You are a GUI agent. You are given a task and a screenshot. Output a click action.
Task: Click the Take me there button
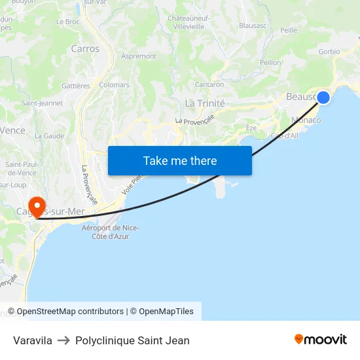(180, 160)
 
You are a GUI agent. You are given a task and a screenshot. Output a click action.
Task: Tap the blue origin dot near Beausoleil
(323, 98)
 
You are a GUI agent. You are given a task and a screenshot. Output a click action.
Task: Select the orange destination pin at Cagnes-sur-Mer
(37, 207)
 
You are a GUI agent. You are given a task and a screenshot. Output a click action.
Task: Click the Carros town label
(85, 48)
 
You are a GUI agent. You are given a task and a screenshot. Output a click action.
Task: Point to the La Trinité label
(205, 103)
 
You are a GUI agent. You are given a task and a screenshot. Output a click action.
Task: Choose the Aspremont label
(139, 57)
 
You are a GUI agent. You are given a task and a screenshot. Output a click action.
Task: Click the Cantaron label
(209, 84)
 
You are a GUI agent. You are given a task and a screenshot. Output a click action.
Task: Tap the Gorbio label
(329, 51)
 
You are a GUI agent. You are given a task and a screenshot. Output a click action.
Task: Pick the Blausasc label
(253, 26)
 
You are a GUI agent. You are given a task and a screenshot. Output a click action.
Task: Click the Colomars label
(115, 84)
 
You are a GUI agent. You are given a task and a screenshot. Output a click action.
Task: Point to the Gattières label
(76, 86)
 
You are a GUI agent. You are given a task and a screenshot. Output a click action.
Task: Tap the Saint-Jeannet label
(43, 103)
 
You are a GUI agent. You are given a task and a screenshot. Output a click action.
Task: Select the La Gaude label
(49, 135)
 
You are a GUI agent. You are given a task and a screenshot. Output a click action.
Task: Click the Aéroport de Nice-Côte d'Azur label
(110, 232)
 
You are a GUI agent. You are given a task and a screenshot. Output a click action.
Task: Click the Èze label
(251, 128)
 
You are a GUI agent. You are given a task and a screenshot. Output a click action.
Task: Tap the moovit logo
(321, 339)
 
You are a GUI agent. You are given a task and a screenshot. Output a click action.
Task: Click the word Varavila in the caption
(33, 340)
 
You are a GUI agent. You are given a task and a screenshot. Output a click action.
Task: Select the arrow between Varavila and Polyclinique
(63, 340)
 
